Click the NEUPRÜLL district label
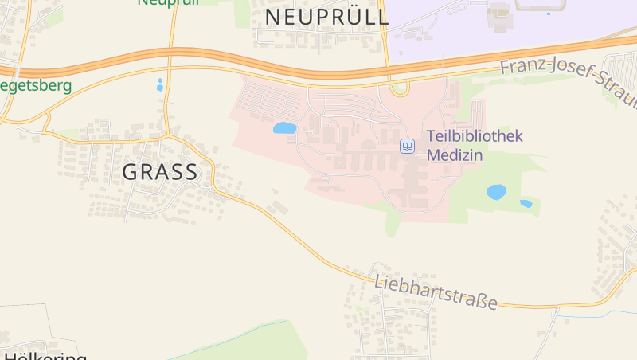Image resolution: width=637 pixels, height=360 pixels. (x=326, y=17)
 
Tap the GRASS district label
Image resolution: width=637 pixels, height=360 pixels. (x=160, y=172)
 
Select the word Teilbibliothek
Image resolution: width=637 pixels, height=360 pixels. (x=475, y=136)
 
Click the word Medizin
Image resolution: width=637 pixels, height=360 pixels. (x=455, y=155)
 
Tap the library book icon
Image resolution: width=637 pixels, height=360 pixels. (x=407, y=146)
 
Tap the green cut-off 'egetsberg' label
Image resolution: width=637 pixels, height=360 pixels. (x=35, y=85)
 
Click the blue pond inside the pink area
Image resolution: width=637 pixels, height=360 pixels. (x=284, y=128)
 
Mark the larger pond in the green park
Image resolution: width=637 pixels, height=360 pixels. (x=496, y=192)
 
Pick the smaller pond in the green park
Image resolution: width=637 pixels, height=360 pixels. (x=526, y=204)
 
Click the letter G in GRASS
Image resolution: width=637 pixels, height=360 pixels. (x=131, y=172)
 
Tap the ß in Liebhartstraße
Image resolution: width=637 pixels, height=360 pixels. (x=480, y=300)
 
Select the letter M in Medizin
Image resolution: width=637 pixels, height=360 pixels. (x=433, y=155)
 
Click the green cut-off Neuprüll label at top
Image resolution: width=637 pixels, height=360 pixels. (x=167, y=2)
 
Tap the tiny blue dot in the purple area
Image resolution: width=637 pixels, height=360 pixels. (x=548, y=14)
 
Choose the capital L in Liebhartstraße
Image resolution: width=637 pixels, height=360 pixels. (x=379, y=279)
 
